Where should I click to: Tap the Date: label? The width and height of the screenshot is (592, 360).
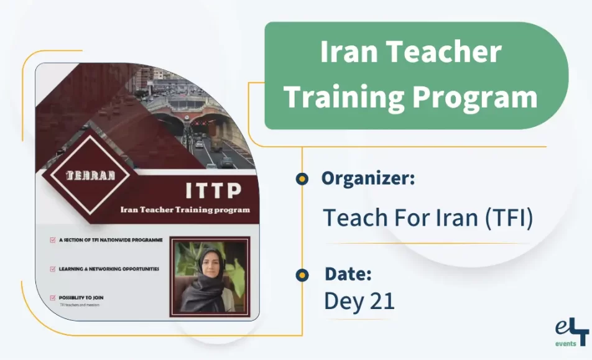click(348, 274)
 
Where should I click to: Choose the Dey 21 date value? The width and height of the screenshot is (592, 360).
click(359, 301)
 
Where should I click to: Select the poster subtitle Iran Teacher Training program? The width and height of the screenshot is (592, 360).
click(185, 210)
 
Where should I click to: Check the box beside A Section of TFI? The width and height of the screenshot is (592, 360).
click(52, 239)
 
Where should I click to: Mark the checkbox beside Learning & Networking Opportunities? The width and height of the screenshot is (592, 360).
click(52, 269)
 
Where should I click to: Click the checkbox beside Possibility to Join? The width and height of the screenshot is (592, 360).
click(52, 298)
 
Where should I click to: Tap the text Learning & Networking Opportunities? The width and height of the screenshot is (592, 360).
click(109, 269)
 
